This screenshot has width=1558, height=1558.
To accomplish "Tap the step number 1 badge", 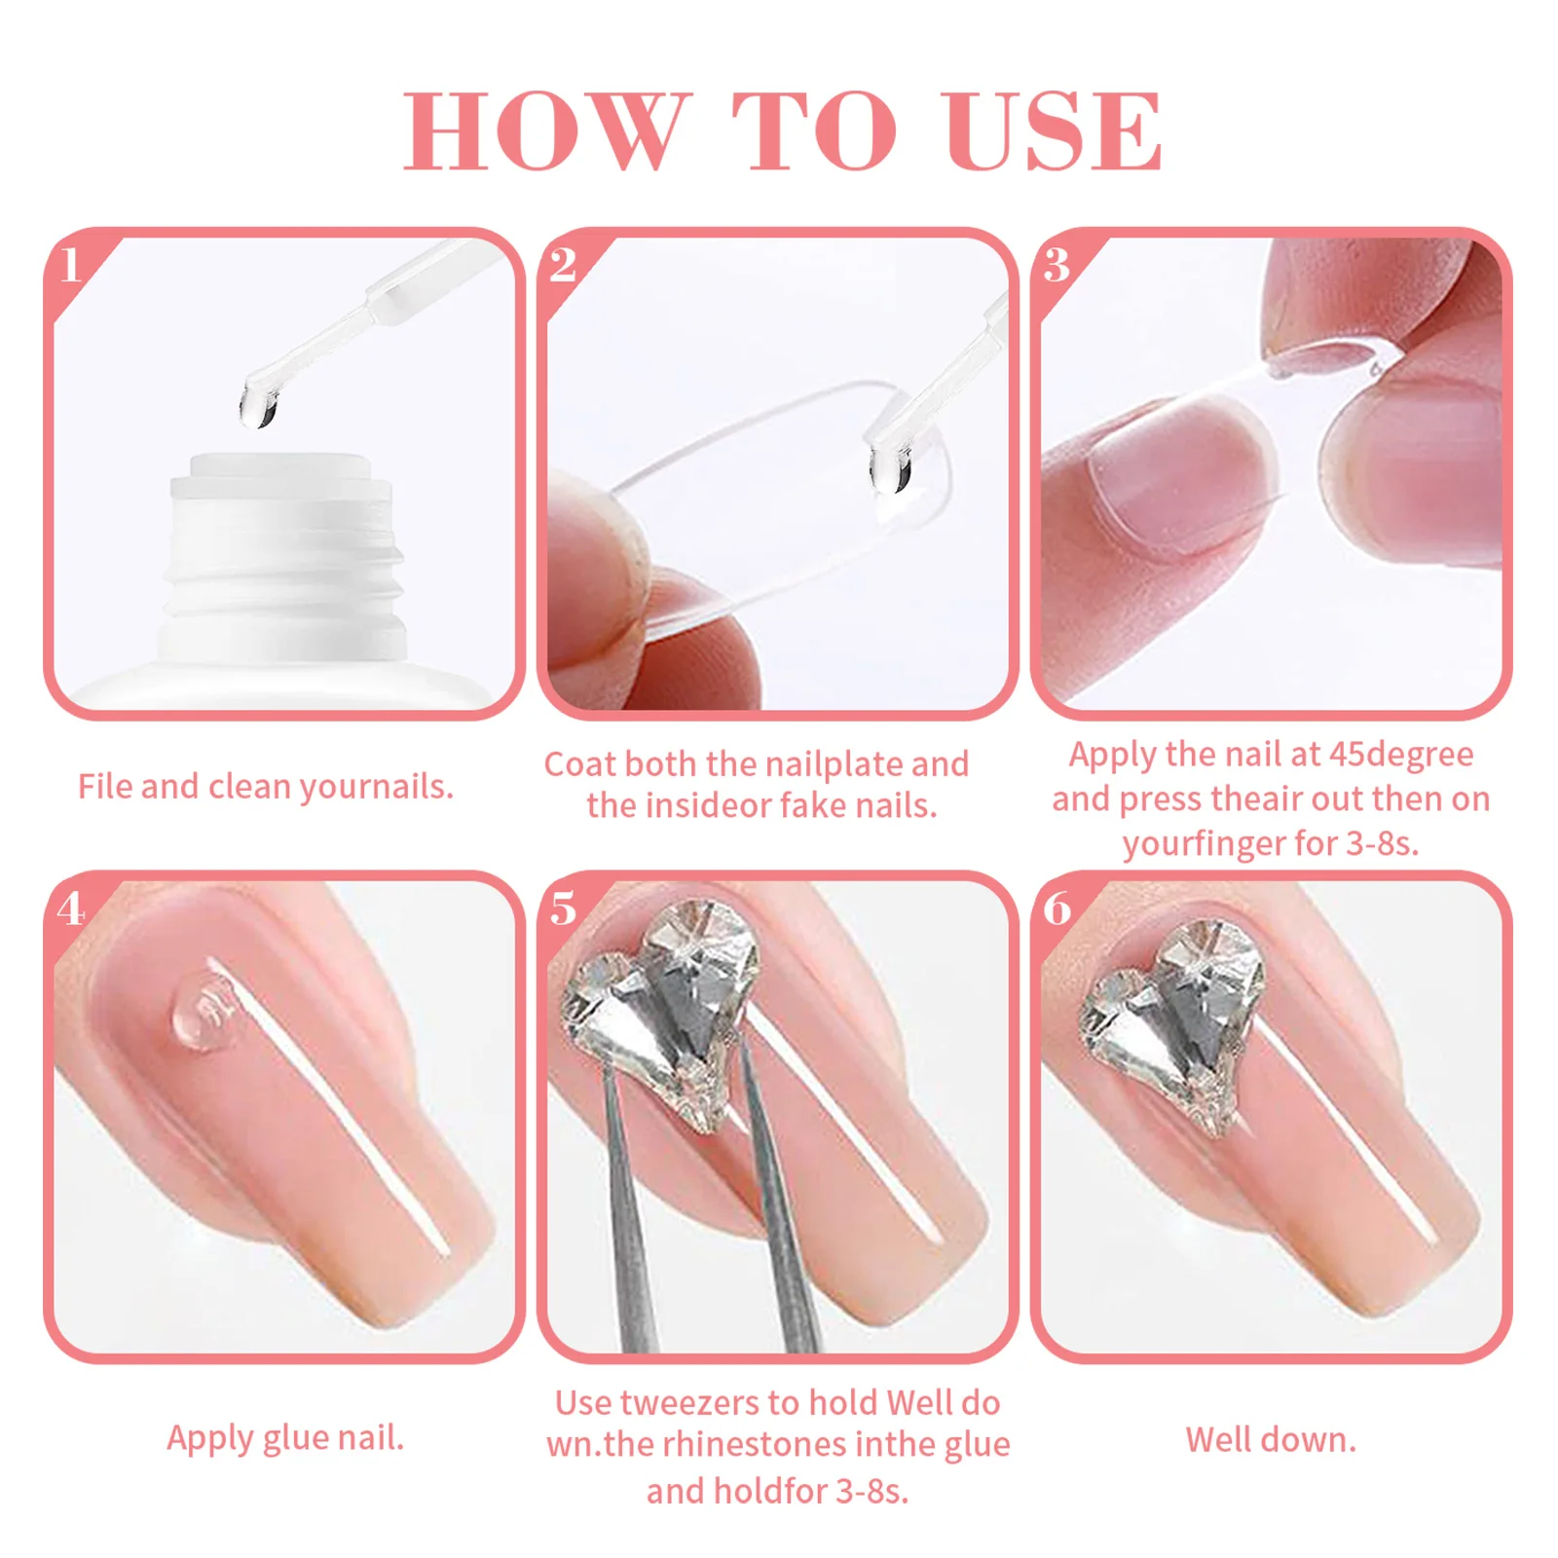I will pyautogui.click(x=71, y=265).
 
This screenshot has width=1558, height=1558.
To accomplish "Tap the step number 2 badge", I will pyautogui.click(x=563, y=265).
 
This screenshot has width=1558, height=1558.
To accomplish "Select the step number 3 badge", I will pyautogui.click(x=1057, y=265).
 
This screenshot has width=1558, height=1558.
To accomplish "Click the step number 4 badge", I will pyautogui.click(x=71, y=909).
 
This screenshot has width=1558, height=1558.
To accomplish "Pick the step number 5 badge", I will pyautogui.click(x=563, y=909).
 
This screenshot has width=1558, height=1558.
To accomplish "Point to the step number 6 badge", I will pyautogui.click(x=1057, y=909).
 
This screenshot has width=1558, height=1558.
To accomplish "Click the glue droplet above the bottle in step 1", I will pyautogui.click(x=258, y=405).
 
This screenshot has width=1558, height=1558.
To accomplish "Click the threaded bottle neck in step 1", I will pyautogui.click(x=282, y=565).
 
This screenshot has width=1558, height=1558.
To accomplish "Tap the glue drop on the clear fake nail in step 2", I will pyautogui.click(x=890, y=472).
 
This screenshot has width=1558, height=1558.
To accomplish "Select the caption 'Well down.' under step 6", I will pyautogui.click(x=1270, y=1439).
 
